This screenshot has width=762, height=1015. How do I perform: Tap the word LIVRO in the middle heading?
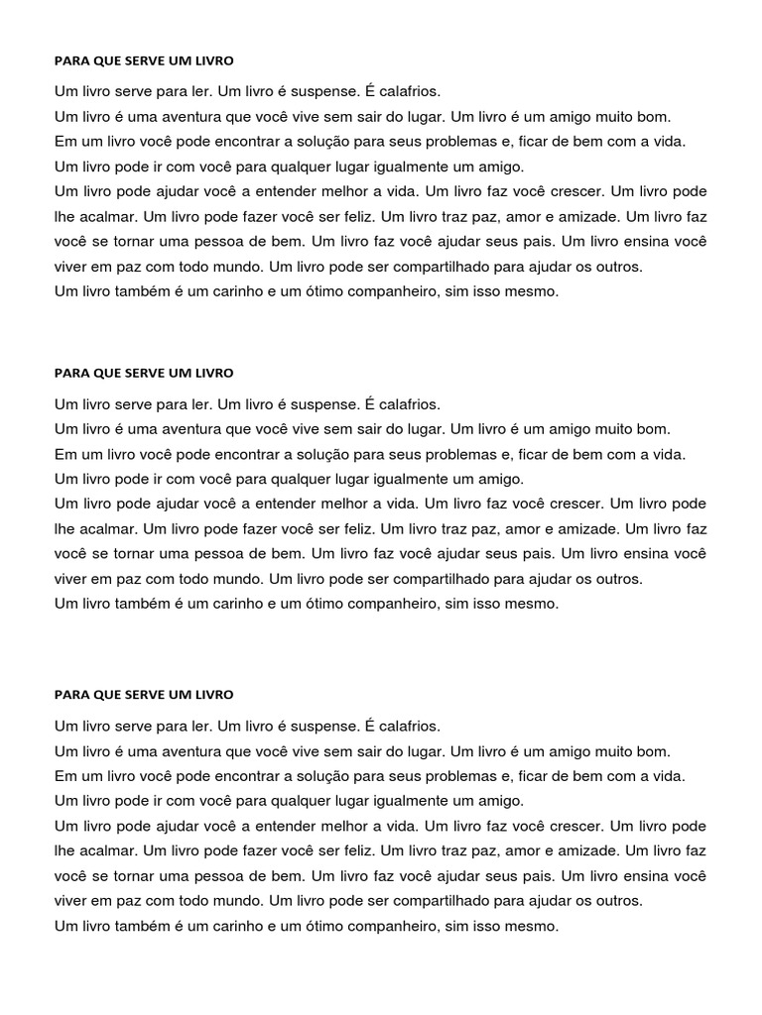(213, 373)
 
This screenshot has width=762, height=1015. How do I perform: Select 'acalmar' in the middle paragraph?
(103, 528)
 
